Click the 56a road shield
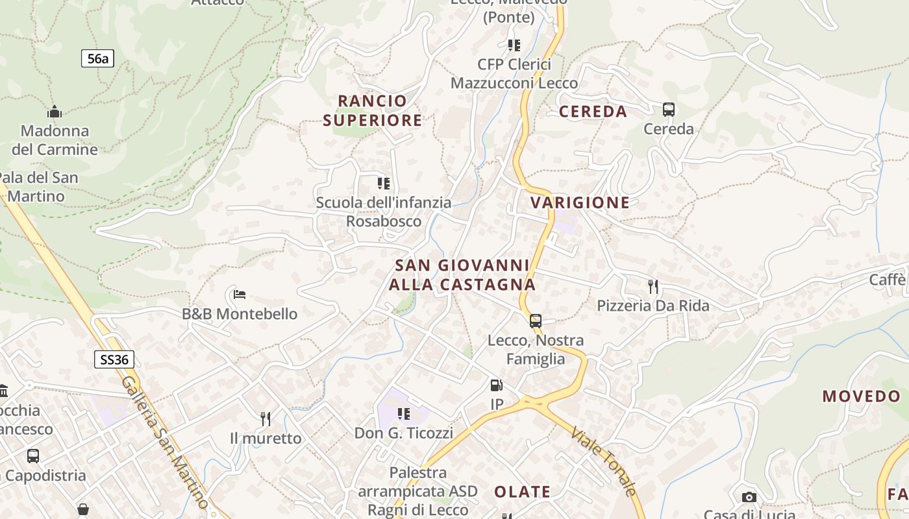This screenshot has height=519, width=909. [x=97, y=58]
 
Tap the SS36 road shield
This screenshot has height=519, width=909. [x=114, y=359]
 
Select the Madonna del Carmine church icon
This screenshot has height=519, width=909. [x=55, y=112]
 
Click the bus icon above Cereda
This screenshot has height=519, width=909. [x=668, y=110]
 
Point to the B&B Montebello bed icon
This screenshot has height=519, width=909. [x=240, y=295]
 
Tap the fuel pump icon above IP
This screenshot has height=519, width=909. [x=496, y=386]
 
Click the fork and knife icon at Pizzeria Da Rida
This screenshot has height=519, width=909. [x=653, y=286]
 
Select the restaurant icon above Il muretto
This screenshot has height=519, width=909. [x=266, y=419]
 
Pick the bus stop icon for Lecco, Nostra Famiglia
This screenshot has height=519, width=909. [x=536, y=321]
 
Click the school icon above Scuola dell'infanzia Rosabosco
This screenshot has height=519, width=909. [x=384, y=184]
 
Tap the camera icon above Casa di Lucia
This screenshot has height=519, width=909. [x=749, y=498]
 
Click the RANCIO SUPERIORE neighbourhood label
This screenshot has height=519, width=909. [x=373, y=110]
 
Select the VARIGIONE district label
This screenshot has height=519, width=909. [x=580, y=202]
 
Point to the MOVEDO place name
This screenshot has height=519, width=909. [x=862, y=396]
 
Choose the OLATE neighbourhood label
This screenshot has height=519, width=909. [x=522, y=492]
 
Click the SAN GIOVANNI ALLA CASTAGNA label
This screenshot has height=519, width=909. [x=462, y=275]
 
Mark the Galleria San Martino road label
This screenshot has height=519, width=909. [x=165, y=441]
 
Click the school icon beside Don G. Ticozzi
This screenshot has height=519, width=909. [x=404, y=413]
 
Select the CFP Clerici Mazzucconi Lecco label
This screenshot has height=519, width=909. [x=514, y=73]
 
